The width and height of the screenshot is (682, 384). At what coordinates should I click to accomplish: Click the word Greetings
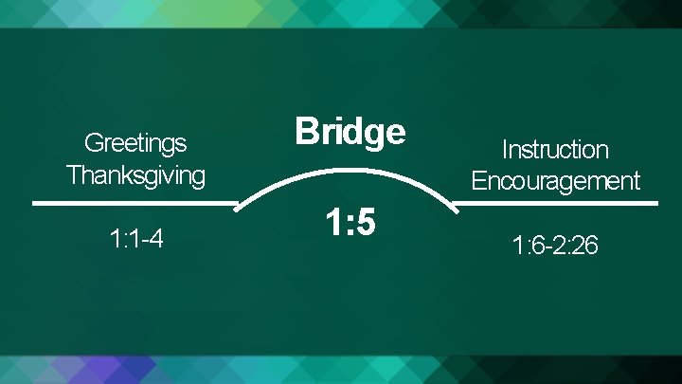click(x=135, y=144)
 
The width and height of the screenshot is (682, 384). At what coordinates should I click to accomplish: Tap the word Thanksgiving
click(x=135, y=175)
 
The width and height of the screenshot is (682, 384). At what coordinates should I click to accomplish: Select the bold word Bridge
click(x=350, y=132)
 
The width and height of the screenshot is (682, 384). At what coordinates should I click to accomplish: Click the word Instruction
click(x=555, y=150)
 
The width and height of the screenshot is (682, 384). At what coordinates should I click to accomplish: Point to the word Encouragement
click(x=555, y=181)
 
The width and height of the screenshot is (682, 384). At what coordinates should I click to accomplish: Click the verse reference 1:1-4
click(x=136, y=239)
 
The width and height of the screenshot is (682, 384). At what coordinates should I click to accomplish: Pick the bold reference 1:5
click(x=350, y=224)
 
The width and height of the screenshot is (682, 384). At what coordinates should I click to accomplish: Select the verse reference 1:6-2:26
click(x=555, y=247)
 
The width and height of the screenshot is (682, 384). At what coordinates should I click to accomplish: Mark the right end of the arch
click(x=456, y=206)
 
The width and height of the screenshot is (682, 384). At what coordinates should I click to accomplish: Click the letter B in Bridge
click(x=306, y=132)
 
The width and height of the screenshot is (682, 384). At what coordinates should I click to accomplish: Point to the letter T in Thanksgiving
click(x=73, y=175)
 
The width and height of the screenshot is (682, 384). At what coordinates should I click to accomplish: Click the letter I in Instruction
click(x=505, y=150)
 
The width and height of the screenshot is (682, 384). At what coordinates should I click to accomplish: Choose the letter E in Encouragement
click(x=478, y=181)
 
